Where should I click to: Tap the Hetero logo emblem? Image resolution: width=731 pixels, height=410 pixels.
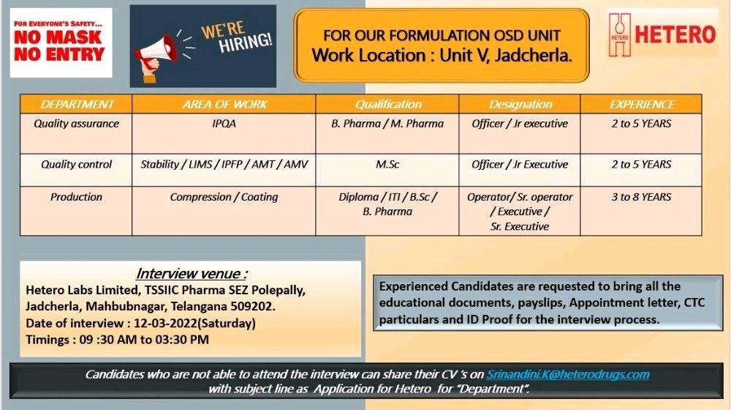click(620, 35)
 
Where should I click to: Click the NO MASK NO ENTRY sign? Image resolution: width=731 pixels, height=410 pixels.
click(61, 42)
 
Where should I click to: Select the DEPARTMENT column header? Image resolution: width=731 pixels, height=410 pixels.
click(77, 104)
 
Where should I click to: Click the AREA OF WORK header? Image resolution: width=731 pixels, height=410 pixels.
click(224, 104)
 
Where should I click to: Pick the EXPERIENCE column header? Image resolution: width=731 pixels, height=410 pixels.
click(642, 104)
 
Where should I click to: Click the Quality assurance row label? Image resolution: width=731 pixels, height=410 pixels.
click(77, 124)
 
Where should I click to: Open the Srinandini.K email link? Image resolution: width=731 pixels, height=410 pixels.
click(568, 375)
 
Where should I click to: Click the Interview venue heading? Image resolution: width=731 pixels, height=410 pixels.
click(192, 274)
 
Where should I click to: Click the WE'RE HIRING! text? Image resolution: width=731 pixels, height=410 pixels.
click(236, 37)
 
